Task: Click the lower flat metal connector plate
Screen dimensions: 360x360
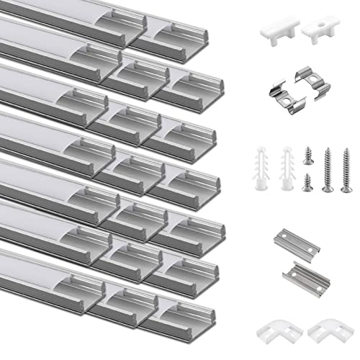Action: [x=314, y=276]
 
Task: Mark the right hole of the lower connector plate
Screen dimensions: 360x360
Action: [x=322, y=271]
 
